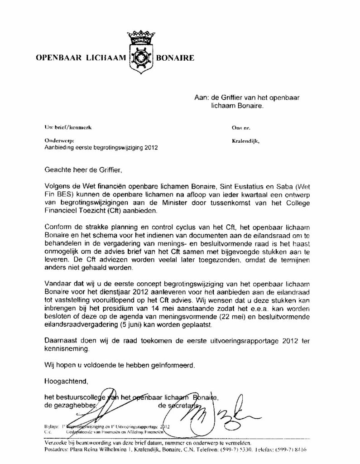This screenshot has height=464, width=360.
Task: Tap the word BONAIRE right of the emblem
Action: coord(175,58)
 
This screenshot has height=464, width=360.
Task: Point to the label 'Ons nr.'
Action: coord(239,128)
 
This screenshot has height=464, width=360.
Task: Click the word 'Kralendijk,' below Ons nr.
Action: coord(245,141)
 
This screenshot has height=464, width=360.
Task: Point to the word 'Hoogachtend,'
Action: coord(64,380)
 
